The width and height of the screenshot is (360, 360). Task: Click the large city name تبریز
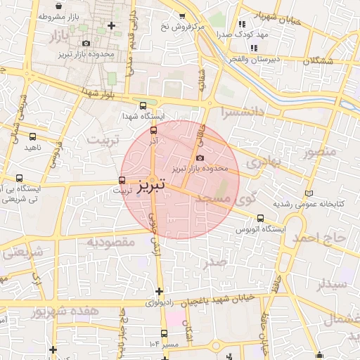[x=152, y=186]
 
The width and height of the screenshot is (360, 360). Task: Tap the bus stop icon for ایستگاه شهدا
[x=143, y=105]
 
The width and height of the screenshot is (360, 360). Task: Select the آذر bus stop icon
[x=154, y=129]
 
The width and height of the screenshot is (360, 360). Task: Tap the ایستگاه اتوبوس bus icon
[x=261, y=218]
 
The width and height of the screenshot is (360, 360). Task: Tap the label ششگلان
[x=319, y=61]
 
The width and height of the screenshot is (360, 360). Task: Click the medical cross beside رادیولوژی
[x=160, y=291]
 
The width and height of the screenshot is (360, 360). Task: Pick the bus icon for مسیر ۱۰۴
[x=164, y=333]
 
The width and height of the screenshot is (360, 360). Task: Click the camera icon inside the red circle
[x=202, y=157]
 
